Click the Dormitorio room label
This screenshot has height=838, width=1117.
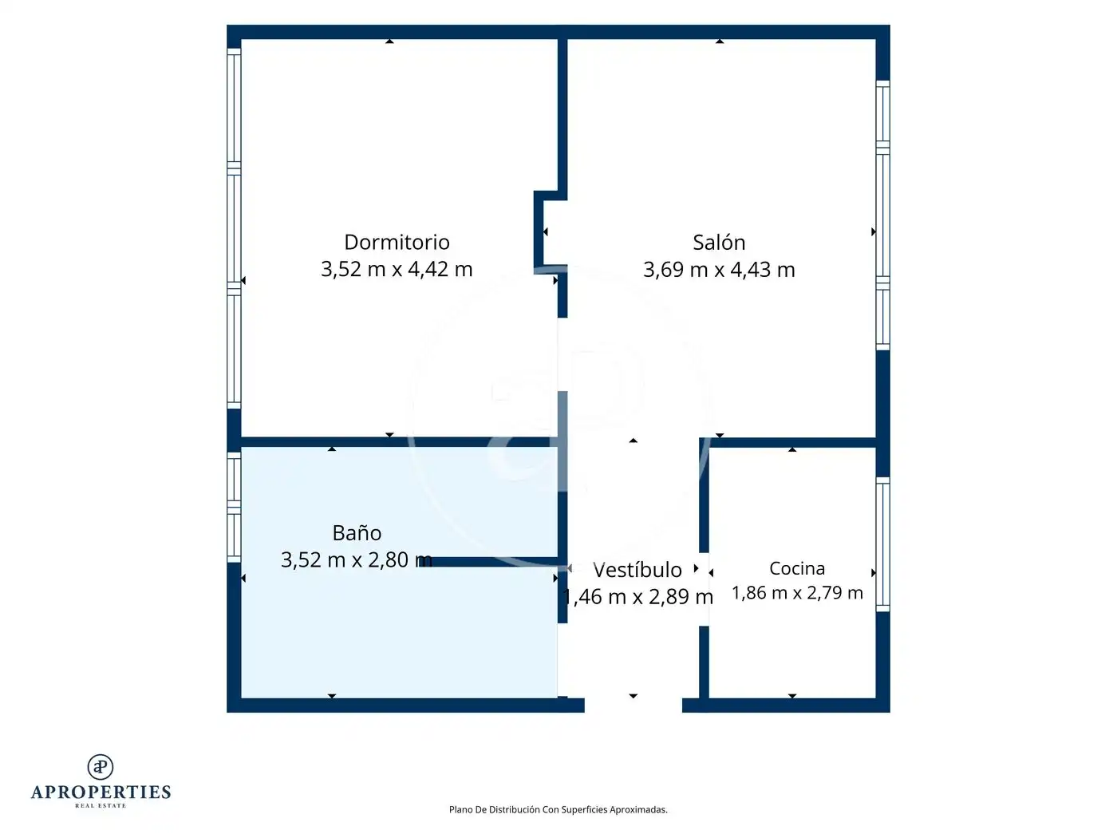coord(397,242)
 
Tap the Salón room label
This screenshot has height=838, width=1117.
coord(719,242)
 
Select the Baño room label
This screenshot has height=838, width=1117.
coord(357,532)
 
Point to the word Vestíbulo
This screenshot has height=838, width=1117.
coord(637,570)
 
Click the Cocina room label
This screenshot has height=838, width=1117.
coord(797,568)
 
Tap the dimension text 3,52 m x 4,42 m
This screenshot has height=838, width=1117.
coord(397,269)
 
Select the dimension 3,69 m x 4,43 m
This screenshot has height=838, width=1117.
coord(719,270)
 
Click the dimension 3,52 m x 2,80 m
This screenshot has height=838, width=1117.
coord(357,559)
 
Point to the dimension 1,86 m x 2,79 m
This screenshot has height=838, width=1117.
coord(797,593)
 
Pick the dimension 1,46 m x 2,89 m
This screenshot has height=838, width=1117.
coord(637,597)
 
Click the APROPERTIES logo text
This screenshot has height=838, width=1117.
coord(101,793)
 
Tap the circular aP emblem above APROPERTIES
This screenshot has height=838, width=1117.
coord(101,767)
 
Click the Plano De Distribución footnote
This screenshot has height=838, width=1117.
coord(558,809)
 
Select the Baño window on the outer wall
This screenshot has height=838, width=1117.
coord(234,508)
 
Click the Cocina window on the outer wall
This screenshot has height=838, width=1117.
coord(883,544)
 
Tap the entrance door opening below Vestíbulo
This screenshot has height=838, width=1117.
coord(633,706)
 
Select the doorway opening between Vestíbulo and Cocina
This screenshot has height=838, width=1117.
coord(704,589)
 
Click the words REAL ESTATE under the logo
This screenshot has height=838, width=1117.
coord(101,806)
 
